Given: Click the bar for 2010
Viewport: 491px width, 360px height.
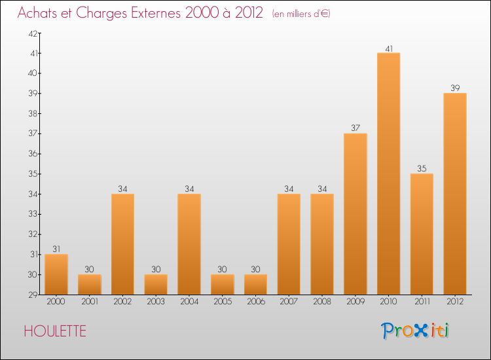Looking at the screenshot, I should click(388, 173).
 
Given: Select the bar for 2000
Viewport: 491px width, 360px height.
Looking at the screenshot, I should click(56, 274).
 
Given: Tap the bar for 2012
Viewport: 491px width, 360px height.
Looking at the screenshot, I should click(455, 194).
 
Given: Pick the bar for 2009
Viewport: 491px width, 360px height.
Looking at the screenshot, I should click(355, 214).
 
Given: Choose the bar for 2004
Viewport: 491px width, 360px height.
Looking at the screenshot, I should click(189, 244).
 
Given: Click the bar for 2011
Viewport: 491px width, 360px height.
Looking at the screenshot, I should click(422, 234).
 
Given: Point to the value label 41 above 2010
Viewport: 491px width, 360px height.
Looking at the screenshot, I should click(388, 48).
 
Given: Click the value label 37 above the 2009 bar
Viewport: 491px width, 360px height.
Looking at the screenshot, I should click(355, 128).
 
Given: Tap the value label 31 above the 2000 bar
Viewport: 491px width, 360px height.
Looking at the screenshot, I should click(56, 249).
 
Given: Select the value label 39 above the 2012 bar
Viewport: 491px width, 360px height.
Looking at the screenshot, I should click(455, 88).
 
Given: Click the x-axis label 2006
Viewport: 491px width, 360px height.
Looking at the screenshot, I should click(255, 302).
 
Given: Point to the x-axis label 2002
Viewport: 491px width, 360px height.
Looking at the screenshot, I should click(122, 302).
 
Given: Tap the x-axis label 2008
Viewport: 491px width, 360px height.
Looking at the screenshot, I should click(322, 302).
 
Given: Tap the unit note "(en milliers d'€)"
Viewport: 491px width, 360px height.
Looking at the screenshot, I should click(301, 14).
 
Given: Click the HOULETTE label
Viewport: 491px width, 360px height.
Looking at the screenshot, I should click(55, 331).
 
